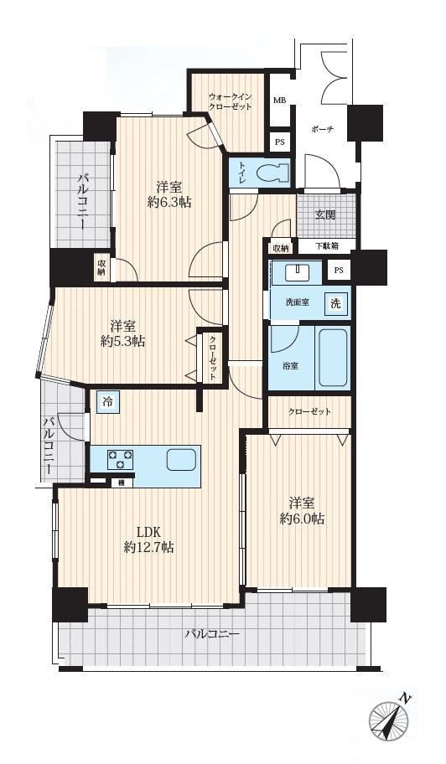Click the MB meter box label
pyautogui.click(x=279, y=101)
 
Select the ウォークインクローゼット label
pyautogui.click(x=230, y=102)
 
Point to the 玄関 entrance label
pyautogui.click(x=324, y=214)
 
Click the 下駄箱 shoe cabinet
pyautogui.click(x=324, y=246)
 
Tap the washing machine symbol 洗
pyautogui.click(x=336, y=304)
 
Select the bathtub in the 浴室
pyautogui.click(x=332, y=359)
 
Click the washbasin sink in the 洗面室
pyautogui.click(x=297, y=273)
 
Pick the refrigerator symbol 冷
pyautogui.click(x=107, y=402)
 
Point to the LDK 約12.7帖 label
pyautogui.click(x=149, y=539)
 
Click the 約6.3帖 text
pyautogui.click(x=169, y=201)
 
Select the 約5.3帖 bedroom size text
pyautogui.click(x=122, y=341)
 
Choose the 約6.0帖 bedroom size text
pyautogui.click(x=302, y=519)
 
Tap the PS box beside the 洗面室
pyautogui.click(x=339, y=271)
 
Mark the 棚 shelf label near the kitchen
pyautogui.click(x=119, y=483)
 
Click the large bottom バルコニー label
pyautogui.click(x=212, y=634)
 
